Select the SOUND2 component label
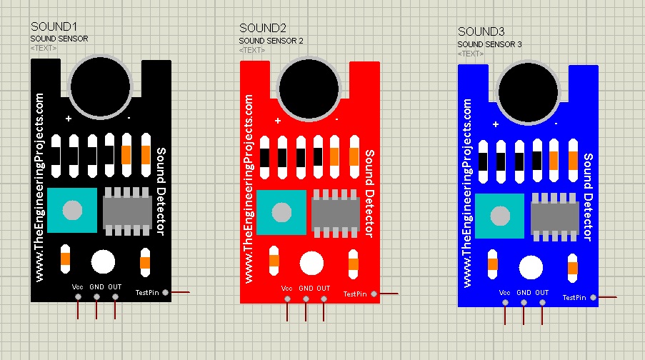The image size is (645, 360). (263, 29)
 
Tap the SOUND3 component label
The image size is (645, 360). (481, 32)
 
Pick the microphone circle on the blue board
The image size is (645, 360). (529, 91)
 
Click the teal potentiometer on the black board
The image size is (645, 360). (71, 210)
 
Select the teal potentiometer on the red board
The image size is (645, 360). (281, 212)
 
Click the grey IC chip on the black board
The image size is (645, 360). (129, 210)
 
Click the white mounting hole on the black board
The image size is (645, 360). (103, 261)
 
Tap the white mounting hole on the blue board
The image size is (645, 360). (531, 268)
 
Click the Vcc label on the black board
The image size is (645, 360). (79, 286)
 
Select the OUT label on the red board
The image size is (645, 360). (324, 289)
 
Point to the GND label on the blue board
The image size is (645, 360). (524, 293)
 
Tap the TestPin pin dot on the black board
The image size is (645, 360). (166, 292)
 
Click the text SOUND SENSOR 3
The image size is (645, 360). (489, 44)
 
